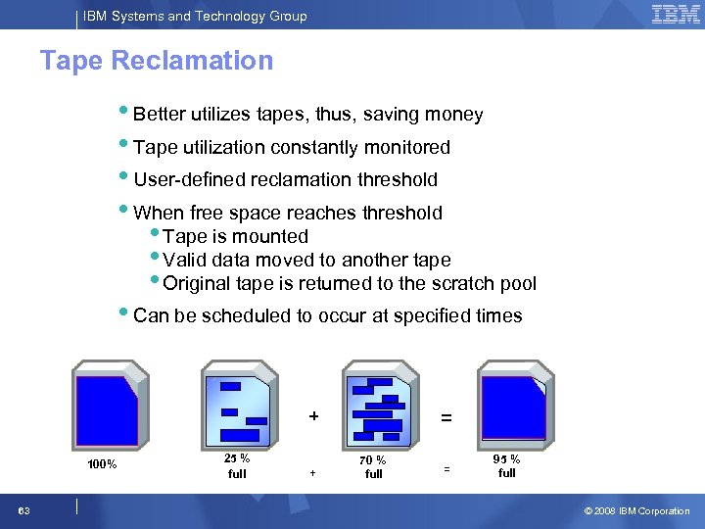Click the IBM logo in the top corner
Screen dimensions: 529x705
coord(676,15)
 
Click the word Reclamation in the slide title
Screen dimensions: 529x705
coord(192,61)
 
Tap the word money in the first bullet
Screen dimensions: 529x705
coord(453,115)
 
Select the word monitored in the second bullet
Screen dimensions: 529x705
coord(403,147)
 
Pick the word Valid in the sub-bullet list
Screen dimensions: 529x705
coord(184,260)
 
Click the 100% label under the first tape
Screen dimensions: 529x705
coord(103,464)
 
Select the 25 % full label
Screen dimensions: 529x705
coord(237,465)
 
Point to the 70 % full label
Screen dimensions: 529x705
coord(373,466)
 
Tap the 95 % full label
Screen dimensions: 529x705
coord(506,465)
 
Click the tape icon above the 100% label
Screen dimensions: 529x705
coord(107,406)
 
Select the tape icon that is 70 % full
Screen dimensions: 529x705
coord(378,406)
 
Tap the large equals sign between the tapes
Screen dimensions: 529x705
coord(446,417)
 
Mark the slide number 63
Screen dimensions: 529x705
coord(23,511)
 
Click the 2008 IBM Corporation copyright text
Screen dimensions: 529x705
coord(637,511)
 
